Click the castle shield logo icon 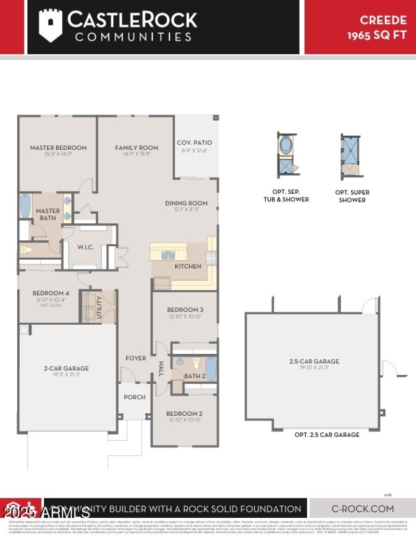(x=50, y=24)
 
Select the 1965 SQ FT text (x=377, y=35)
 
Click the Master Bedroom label (x=58, y=148)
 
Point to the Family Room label (x=137, y=148)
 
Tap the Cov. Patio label (x=194, y=143)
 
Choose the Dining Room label (x=186, y=203)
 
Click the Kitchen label (x=188, y=266)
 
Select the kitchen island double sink (x=168, y=255)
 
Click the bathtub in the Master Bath (x=25, y=207)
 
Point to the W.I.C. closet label (x=86, y=247)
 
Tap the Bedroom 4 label (x=50, y=293)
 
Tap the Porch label (x=134, y=397)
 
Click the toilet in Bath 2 (x=197, y=363)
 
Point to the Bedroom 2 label (x=184, y=414)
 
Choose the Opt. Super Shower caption (x=352, y=196)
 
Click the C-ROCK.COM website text (x=362, y=509)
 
